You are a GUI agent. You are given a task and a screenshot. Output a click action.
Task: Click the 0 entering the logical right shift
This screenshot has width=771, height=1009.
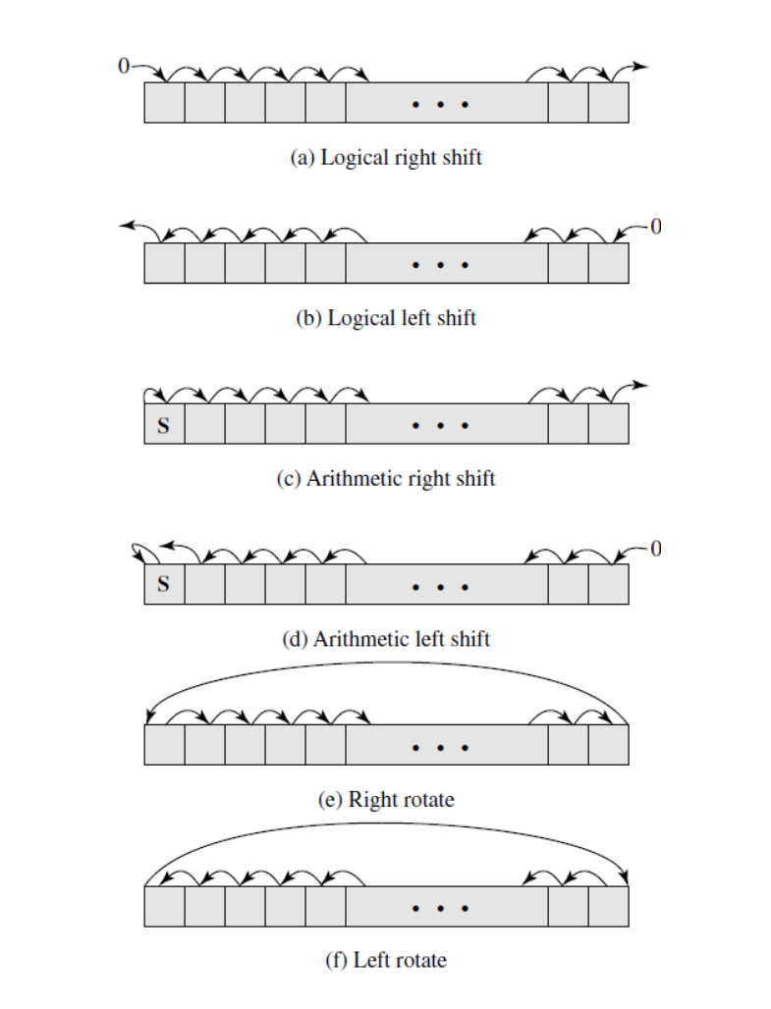pyautogui.click(x=123, y=67)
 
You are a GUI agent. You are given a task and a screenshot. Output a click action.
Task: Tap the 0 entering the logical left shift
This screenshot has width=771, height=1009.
pyautogui.click(x=655, y=227)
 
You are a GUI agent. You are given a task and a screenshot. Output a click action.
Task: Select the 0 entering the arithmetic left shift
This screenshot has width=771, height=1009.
pyautogui.click(x=655, y=548)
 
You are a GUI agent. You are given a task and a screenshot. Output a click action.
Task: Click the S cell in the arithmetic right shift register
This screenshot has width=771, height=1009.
pyautogui.click(x=164, y=425)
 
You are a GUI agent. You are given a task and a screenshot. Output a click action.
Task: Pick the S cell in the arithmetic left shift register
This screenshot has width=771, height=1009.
pyautogui.click(x=164, y=585)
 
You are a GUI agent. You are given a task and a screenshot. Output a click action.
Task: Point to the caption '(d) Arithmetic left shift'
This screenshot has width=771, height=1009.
pyautogui.click(x=386, y=639)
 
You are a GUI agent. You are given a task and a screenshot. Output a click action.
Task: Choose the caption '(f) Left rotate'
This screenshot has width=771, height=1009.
pyautogui.click(x=386, y=959)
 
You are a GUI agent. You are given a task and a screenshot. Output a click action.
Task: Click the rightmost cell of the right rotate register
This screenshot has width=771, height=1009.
pyautogui.click(x=608, y=745)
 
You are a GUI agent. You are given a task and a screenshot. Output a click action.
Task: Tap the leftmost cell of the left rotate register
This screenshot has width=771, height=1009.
pyautogui.click(x=164, y=906)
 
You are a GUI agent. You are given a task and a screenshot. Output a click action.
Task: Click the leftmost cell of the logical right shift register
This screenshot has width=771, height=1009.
pyautogui.click(x=164, y=103)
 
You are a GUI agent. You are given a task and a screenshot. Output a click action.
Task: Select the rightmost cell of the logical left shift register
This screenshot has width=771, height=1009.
pyautogui.click(x=608, y=264)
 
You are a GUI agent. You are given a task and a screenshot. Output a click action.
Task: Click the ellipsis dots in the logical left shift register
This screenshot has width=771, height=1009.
pyautogui.click(x=440, y=265)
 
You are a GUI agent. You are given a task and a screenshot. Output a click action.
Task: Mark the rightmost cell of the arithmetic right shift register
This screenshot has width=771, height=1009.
pyautogui.click(x=608, y=425)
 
